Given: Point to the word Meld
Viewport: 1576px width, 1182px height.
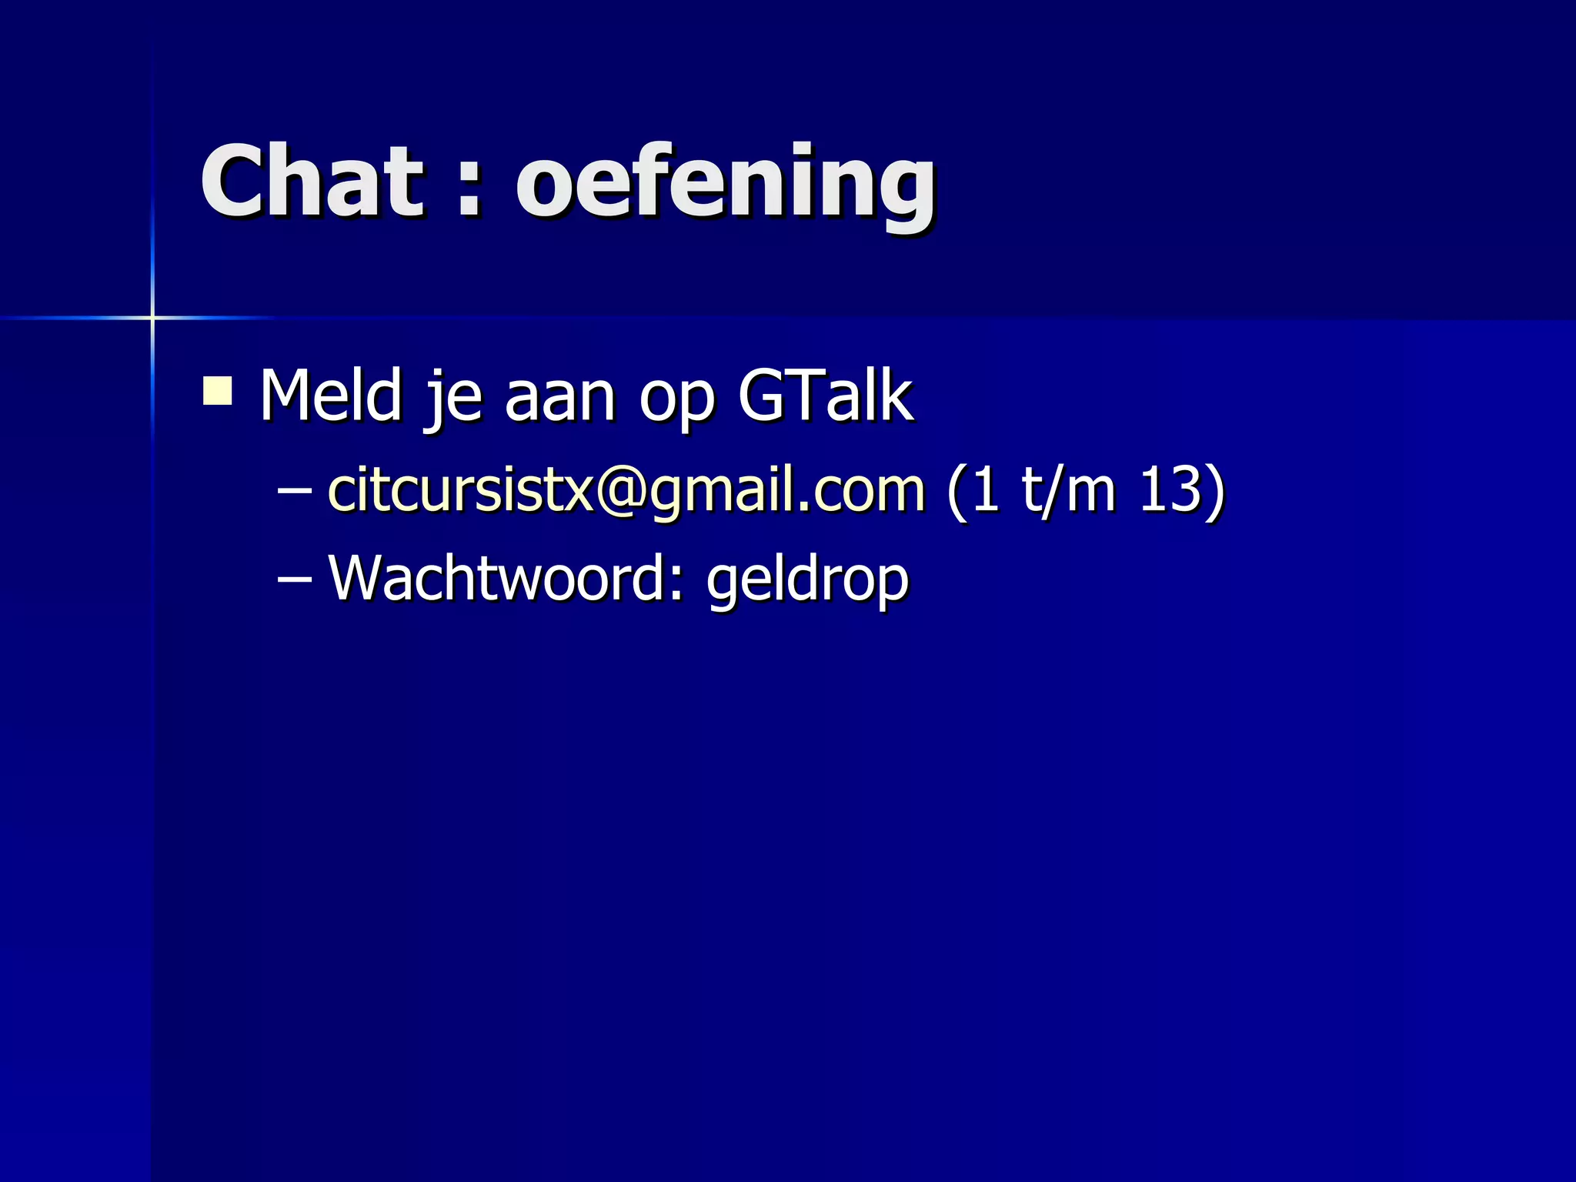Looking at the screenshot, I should [x=331, y=396].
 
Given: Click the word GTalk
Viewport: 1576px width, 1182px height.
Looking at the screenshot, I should [x=826, y=396].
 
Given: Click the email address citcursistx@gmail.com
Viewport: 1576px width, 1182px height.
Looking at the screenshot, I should [x=626, y=490].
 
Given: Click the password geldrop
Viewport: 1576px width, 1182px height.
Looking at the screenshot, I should [x=807, y=581].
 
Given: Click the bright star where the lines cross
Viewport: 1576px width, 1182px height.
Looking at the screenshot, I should [x=152, y=317].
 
